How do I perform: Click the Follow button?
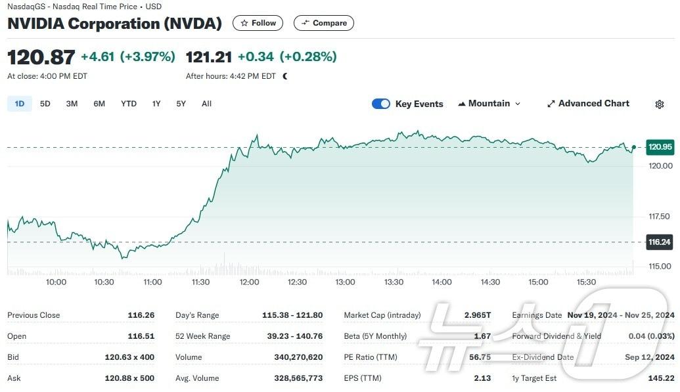258,23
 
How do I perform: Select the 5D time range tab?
45,104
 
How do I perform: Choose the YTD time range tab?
129,104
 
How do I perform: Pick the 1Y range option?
156,104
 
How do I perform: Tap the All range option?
206,104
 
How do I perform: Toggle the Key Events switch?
381,104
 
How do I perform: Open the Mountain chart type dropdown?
489,104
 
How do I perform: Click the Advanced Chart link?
588,104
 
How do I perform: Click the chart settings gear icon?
660,104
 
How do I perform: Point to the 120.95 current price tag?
660,147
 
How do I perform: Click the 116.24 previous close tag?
660,242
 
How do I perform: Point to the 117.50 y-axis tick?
660,217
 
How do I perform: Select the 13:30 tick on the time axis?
394,282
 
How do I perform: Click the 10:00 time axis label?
57,282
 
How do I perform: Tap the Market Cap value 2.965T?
478,315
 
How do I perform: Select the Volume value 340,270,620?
298,357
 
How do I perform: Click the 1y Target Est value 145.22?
660,378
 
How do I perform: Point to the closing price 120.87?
41,57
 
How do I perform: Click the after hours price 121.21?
209,57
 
